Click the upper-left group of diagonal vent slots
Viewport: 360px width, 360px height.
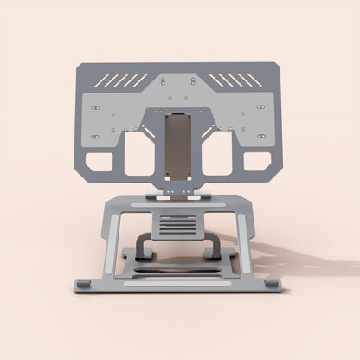coord(120,80)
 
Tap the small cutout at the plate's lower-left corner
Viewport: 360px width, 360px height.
coord(100,162)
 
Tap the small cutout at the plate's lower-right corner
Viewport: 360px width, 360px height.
coord(258,162)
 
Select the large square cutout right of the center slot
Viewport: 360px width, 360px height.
coord(218,153)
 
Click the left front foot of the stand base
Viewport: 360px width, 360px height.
coord(83,285)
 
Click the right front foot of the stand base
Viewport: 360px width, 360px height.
coord(273,285)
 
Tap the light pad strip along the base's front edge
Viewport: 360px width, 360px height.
coord(179,281)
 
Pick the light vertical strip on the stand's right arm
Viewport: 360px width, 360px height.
coord(248,245)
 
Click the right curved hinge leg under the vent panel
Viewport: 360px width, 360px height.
coord(212,248)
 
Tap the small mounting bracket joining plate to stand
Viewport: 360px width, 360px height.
coord(179,195)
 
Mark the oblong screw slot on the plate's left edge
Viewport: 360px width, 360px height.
coord(95,110)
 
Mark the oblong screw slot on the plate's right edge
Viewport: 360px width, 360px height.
coord(263,110)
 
